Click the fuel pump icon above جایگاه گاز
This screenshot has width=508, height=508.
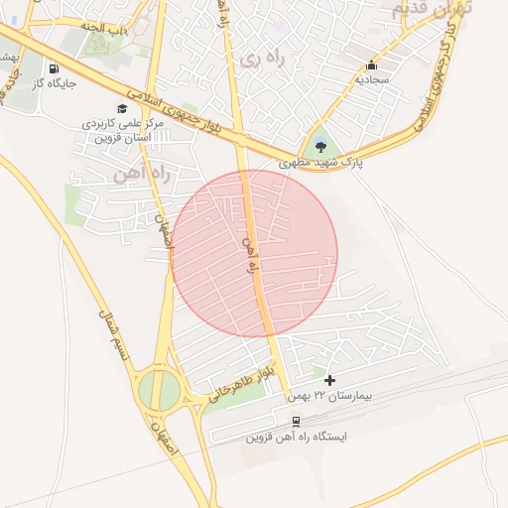[53, 68]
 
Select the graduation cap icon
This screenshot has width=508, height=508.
[122, 109]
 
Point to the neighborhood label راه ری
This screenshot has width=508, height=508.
[261, 60]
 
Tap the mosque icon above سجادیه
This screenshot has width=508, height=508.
[372, 63]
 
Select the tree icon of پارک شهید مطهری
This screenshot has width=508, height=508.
[319, 147]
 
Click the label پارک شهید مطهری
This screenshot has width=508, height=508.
[320, 162]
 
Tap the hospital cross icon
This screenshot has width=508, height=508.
[330, 380]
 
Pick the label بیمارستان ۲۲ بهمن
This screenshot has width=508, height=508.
[342, 395]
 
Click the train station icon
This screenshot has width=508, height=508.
[296, 421]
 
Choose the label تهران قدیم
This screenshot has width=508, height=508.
[434, 9]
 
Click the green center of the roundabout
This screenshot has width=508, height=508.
[159, 390]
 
